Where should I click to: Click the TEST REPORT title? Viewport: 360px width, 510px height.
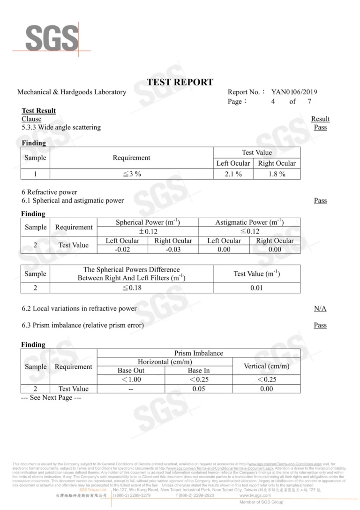180,82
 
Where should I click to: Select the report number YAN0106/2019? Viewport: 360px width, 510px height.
294,92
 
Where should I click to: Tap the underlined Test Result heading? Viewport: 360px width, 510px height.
38,111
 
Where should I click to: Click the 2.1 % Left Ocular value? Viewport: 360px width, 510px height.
233,174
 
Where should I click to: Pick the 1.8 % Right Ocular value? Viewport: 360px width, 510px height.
277,174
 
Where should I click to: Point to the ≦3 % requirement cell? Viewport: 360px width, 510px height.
131,174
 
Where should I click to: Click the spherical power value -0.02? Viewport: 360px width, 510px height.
122,249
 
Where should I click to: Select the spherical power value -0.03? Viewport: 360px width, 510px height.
173,249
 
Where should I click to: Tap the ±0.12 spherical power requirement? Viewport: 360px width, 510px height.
148,231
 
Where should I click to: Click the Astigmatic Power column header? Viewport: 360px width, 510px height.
249,222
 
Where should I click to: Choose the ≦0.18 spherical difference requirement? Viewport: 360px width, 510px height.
131,288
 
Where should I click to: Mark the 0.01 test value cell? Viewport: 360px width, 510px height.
256,288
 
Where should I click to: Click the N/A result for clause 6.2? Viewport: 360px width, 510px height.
320,308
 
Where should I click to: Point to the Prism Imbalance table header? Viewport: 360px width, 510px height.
198,353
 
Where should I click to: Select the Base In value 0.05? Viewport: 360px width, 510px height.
199,388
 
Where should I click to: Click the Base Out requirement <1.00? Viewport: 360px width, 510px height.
131,380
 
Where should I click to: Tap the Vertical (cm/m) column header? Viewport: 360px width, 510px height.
266,366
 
